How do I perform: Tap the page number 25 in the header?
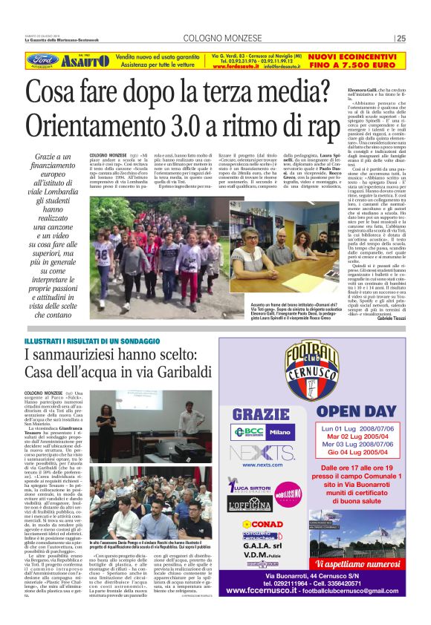[x=401, y=39]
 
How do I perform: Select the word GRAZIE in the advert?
[x=262, y=413]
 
